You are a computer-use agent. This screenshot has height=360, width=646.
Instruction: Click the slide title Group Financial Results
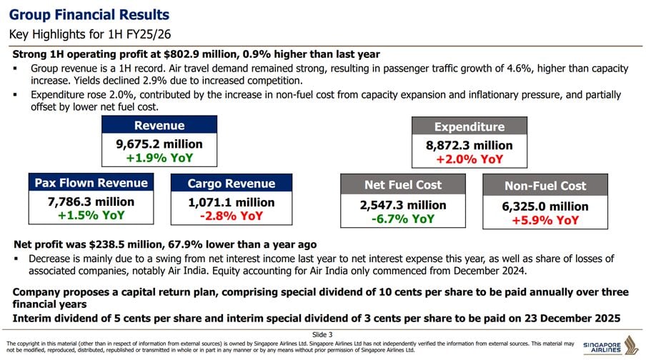click(x=89, y=15)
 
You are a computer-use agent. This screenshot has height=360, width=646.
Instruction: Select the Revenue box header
click(x=159, y=126)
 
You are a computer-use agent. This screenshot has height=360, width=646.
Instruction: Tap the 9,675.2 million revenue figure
click(x=159, y=144)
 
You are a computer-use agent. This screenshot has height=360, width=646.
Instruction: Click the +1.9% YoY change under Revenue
click(x=159, y=158)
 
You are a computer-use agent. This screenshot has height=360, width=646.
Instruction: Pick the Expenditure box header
click(x=469, y=127)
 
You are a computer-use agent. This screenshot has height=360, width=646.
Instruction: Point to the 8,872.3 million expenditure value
click(x=469, y=146)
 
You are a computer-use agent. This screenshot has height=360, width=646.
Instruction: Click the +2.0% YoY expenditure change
click(x=469, y=159)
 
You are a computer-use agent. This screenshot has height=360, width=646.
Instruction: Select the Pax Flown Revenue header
click(x=91, y=183)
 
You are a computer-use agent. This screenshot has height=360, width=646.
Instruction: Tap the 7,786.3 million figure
click(x=91, y=202)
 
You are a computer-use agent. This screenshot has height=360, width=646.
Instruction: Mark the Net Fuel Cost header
click(x=403, y=185)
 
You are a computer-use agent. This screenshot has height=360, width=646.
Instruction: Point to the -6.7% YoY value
click(x=403, y=219)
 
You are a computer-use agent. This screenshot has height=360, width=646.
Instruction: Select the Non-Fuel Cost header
click(x=545, y=186)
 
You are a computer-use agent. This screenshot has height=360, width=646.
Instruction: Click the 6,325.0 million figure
click(x=545, y=206)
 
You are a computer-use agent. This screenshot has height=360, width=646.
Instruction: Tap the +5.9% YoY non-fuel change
click(x=545, y=220)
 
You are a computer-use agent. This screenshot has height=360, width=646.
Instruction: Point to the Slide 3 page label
click(x=322, y=334)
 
